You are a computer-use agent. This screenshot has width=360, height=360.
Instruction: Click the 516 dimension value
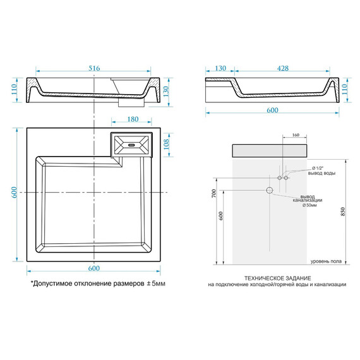(94, 68)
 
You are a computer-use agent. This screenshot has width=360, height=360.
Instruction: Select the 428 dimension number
(282, 68)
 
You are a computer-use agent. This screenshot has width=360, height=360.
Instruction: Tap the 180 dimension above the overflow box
(133, 119)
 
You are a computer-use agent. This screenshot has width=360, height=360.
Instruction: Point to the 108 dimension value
(166, 144)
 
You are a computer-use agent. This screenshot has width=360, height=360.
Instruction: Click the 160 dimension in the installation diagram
(296, 135)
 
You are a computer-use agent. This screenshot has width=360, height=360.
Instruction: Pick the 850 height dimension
(343, 212)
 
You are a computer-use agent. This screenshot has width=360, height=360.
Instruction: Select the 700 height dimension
(213, 193)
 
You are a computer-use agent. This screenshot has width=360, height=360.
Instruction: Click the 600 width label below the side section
(272, 110)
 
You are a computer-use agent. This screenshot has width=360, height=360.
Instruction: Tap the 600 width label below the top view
(94, 268)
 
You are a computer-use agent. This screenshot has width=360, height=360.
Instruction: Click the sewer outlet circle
(269, 190)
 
